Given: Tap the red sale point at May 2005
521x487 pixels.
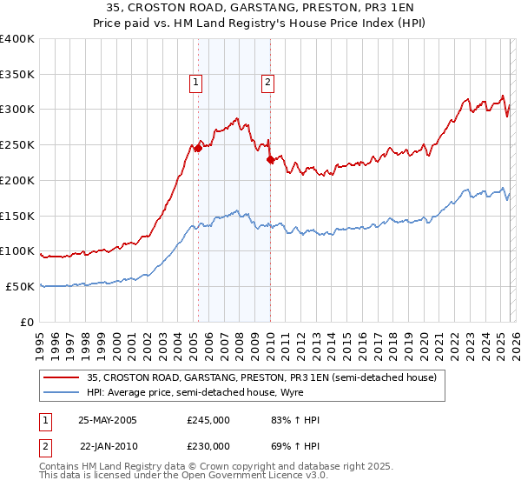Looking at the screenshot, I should coord(198,148).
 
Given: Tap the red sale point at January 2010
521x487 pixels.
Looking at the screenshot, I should coord(270,159).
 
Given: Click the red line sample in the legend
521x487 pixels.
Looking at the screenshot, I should coord(63,377).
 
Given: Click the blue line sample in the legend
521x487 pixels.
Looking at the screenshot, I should coord(63,392).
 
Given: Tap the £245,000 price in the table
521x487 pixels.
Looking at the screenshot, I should coord(208,420).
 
